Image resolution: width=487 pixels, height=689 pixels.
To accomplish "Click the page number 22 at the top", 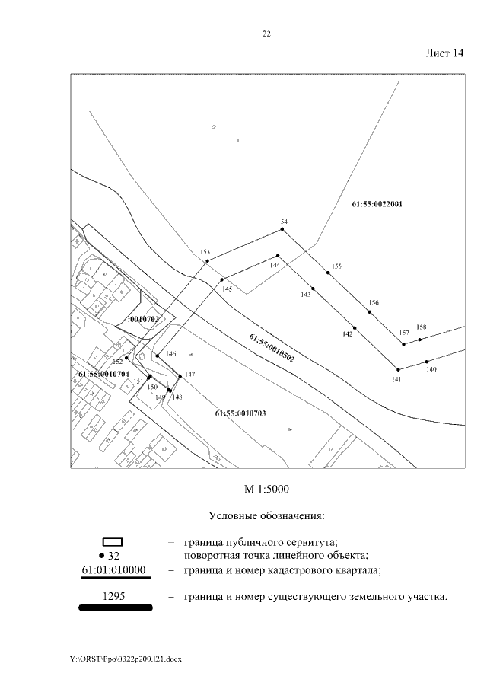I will pyautogui.click(x=266, y=34).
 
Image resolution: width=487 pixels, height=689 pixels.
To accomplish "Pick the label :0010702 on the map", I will pyautogui.click(x=143, y=320).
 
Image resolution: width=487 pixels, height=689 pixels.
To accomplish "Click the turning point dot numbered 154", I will pyautogui.click(x=282, y=228).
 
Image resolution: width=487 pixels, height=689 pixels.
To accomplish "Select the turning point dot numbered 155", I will pyautogui.click(x=328, y=273).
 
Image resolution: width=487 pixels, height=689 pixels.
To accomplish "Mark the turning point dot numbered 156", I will pyautogui.click(x=370, y=311).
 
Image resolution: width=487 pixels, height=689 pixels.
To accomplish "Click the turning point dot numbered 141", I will pyautogui.click(x=396, y=370).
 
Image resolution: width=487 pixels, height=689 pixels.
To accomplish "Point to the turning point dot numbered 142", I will pyautogui.click(x=355, y=327).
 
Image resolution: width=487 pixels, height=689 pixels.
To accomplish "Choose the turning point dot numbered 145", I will pyautogui.click(x=222, y=279).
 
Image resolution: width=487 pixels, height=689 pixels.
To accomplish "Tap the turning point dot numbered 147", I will pyautogui.click(x=180, y=376).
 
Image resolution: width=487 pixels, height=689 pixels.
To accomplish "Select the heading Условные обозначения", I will pyautogui.click(x=266, y=515).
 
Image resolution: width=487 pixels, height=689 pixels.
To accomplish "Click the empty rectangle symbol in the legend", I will pyautogui.click(x=117, y=543).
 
